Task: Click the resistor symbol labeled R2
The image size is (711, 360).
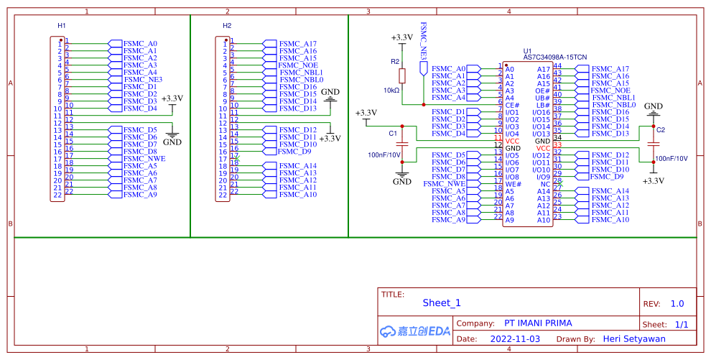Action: [402, 75]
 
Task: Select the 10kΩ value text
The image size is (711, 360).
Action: [391, 91]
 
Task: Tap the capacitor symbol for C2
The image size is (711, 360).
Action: [653, 144]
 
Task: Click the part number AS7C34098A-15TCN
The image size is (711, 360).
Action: [554, 57]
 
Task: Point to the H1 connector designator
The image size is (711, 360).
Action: [62, 26]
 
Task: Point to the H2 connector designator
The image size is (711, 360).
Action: [227, 26]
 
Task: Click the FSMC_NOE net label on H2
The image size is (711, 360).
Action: [297, 65]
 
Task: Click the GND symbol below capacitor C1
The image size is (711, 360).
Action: [402, 177]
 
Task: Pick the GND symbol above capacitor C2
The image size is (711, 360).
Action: [653, 109]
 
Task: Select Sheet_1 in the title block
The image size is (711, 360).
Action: [442, 303]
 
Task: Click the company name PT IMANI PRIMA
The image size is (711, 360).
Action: [539, 323]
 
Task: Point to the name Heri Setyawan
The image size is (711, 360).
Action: [633, 338]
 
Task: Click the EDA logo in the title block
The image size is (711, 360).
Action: [414, 331]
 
